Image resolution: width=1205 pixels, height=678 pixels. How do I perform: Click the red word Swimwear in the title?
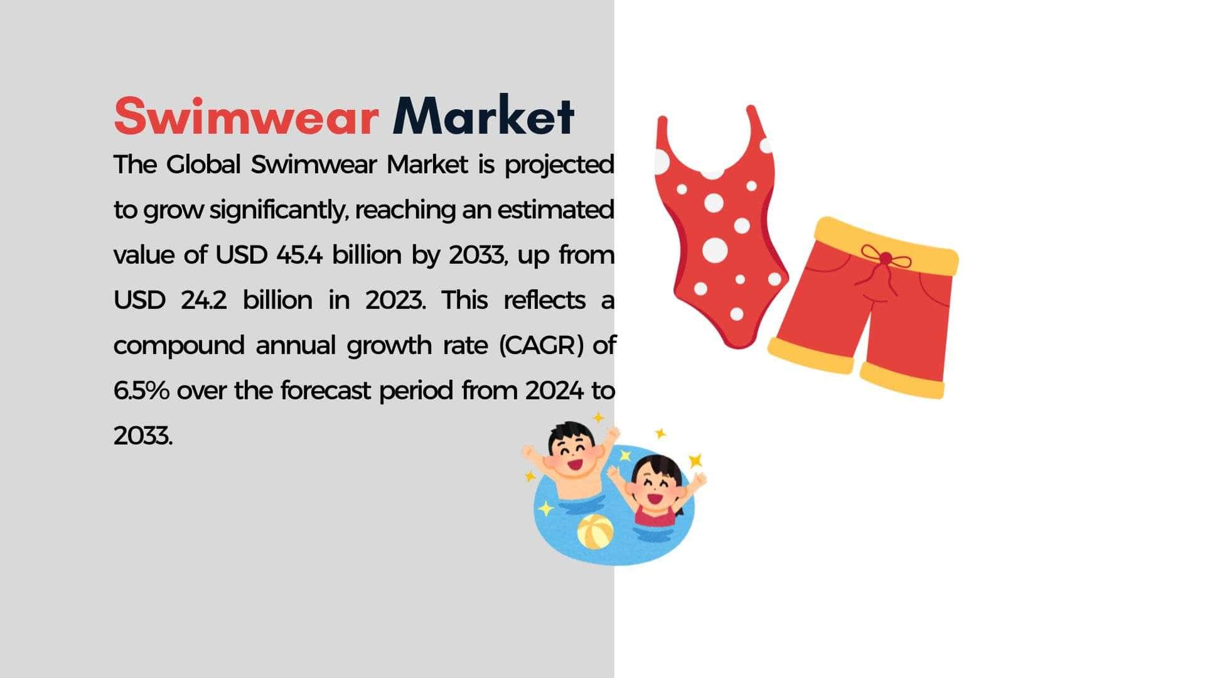pyautogui.click(x=247, y=116)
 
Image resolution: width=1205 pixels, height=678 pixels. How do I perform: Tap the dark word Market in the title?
pyautogui.click(x=483, y=116)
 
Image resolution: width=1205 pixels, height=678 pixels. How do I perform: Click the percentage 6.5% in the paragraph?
pyautogui.click(x=141, y=390)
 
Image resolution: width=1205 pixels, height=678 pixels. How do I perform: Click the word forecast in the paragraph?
pyautogui.click(x=326, y=390)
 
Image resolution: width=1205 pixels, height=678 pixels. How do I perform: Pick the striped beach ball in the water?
pyautogui.click(x=595, y=532)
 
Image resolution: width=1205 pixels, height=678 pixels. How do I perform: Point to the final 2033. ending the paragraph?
pyautogui.click(x=142, y=436)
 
